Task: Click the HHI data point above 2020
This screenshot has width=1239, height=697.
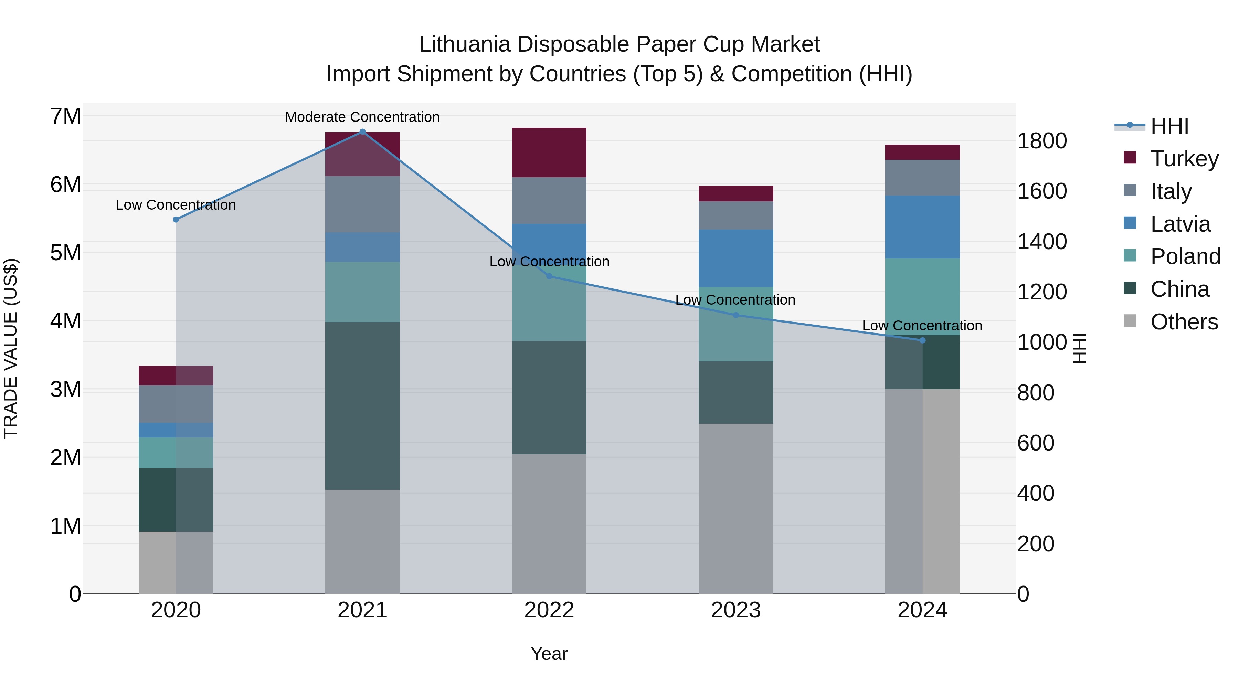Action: click(176, 219)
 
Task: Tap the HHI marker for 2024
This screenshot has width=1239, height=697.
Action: click(922, 340)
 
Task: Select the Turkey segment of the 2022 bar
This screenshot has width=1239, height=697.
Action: click(549, 152)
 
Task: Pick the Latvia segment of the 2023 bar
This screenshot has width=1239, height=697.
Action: click(735, 258)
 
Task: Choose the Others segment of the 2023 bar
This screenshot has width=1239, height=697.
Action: click(735, 508)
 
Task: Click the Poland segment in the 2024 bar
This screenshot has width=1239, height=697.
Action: click(922, 296)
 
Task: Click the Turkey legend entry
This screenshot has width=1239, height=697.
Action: click(1184, 158)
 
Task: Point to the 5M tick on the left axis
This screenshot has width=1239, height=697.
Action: click(65, 253)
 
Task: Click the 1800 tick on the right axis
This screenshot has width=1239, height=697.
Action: click(1042, 141)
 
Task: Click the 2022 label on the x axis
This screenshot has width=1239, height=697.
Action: click(549, 610)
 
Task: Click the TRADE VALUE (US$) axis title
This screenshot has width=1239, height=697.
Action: click(11, 348)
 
